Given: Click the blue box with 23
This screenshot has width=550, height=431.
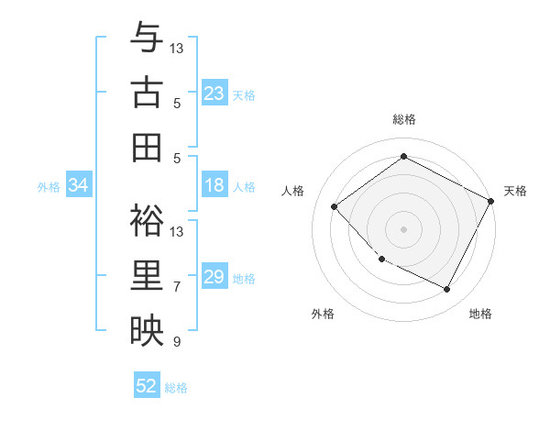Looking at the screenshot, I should (x=214, y=94).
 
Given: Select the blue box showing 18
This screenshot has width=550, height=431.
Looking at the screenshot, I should (x=214, y=185).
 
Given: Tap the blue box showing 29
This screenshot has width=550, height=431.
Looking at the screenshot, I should (x=214, y=277).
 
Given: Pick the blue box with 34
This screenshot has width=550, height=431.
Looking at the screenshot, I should (x=79, y=185).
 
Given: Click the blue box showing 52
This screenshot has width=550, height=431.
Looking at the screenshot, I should (x=147, y=386).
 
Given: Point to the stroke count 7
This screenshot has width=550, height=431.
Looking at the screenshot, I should (x=177, y=287).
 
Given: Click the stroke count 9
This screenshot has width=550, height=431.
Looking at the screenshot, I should (x=177, y=342).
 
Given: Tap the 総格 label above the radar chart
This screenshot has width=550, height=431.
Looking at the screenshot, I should (x=403, y=119).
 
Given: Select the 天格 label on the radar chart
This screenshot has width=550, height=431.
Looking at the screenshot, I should (x=515, y=191).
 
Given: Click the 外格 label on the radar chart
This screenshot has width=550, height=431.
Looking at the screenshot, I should (x=323, y=314).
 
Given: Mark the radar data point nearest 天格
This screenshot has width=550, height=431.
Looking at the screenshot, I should (x=490, y=201).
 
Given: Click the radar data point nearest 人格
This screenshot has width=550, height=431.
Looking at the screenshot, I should (x=335, y=206).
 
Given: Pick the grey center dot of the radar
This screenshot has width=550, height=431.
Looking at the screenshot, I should (x=403, y=228).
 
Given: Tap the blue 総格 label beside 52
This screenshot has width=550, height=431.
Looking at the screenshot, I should (x=177, y=387).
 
